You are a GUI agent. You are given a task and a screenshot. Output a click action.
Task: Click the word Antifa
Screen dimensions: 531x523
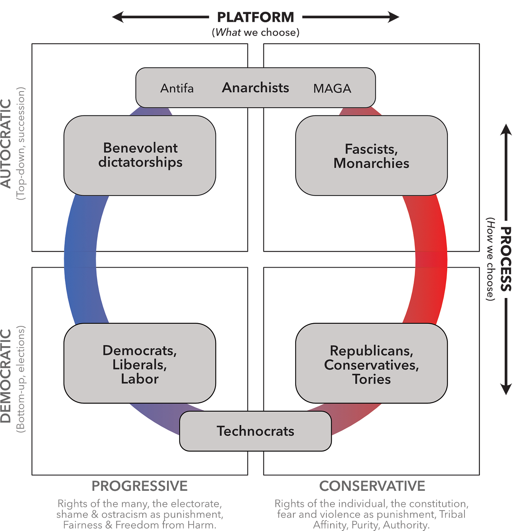[x=177, y=88]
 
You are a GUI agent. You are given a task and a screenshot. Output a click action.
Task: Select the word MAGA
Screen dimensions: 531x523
[x=332, y=88]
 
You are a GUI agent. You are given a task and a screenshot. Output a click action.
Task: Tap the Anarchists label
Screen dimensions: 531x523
[x=255, y=88]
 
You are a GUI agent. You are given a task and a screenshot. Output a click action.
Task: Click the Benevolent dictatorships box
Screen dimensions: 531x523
[x=140, y=155]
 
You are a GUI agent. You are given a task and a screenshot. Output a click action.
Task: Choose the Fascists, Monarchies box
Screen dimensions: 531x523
[x=371, y=156]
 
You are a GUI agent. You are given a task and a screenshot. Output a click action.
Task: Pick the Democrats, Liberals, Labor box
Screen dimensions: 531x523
[x=140, y=363]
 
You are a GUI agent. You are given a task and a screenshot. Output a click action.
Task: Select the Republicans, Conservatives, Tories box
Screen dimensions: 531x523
[x=371, y=363]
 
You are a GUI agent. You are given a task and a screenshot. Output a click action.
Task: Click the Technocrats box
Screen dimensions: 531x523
[x=255, y=431]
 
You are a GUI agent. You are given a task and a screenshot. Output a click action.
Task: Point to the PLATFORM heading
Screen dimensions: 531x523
[x=255, y=17]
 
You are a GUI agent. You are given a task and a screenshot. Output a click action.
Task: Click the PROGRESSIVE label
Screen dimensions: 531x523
[x=140, y=486]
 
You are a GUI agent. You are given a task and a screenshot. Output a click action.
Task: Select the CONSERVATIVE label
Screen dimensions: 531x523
[x=372, y=486]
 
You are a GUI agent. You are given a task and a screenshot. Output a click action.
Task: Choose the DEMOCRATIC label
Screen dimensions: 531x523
[x=6, y=376]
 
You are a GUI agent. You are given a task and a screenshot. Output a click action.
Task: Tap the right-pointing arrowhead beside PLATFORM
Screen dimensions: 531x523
[x=394, y=17]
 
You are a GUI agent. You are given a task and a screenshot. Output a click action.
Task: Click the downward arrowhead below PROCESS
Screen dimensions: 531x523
[x=506, y=390]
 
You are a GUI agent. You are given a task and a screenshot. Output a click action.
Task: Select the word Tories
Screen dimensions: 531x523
[x=371, y=379]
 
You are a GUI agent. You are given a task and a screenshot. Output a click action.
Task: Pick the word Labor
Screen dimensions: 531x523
[x=140, y=379]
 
